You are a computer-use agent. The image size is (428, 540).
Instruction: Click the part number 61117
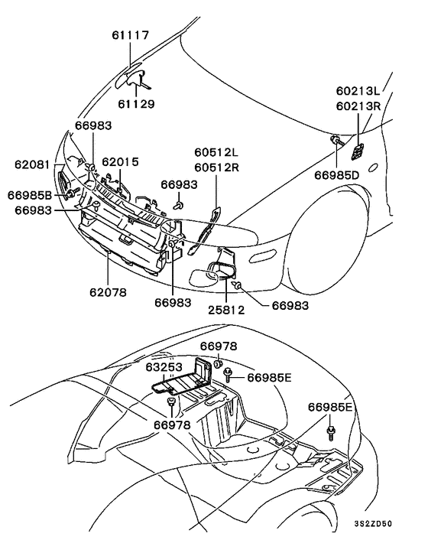130,34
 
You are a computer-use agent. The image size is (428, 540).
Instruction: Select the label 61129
136,104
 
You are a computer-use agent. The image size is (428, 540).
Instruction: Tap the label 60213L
358,90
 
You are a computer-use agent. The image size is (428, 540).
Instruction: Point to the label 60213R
358,106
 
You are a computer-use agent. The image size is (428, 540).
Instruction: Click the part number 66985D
336,175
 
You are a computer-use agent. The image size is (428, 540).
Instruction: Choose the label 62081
33,164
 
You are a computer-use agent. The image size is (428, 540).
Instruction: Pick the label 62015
121,161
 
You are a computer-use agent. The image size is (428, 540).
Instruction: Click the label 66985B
30,195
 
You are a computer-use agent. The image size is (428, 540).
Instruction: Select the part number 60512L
216,152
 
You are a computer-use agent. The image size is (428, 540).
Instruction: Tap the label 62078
108,292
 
